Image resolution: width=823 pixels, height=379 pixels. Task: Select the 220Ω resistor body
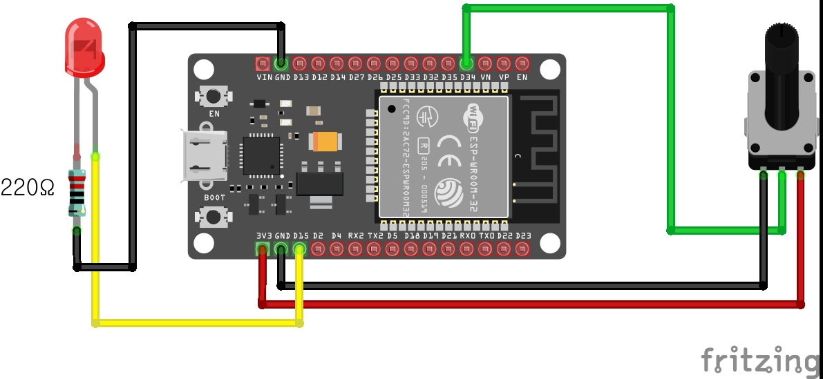point(77,193)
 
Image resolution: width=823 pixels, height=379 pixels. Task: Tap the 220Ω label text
point(28,187)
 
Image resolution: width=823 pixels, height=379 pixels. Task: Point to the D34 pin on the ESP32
point(466,64)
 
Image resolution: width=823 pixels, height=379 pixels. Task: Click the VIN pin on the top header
point(263,64)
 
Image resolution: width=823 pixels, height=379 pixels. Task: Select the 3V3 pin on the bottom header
point(263,249)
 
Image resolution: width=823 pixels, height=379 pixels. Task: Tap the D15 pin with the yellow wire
point(300,249)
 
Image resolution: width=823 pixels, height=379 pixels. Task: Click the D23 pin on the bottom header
point(523,249)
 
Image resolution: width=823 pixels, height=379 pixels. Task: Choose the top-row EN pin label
point(522,77)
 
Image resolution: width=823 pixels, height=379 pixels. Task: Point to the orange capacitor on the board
point(325,142)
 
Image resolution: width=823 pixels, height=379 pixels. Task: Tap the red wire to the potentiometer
point(532,304)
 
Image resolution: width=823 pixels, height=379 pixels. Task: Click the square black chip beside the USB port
point(261,155)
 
